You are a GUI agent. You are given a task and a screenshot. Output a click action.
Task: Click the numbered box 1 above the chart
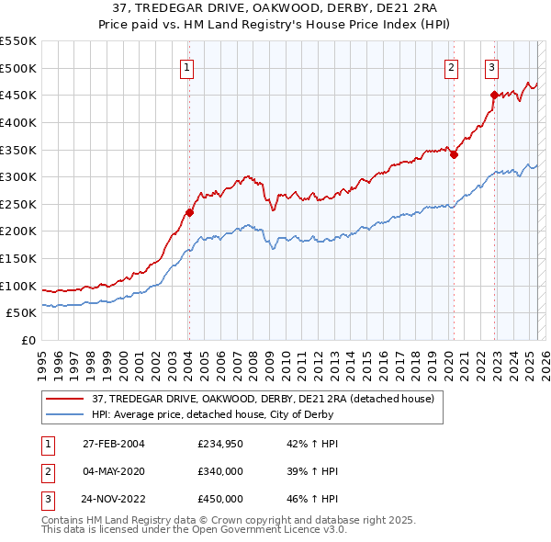[186, 66]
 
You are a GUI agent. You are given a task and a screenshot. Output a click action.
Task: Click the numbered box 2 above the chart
[452, 66]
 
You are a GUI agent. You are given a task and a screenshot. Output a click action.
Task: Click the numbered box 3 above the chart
[492, 66]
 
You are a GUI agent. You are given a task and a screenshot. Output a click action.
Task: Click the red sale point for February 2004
[189, 213]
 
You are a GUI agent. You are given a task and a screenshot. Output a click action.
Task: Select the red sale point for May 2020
[454, 155]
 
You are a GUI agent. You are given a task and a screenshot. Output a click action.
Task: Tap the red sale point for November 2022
[494, 95]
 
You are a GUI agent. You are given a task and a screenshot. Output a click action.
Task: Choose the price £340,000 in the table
[219, 471]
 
